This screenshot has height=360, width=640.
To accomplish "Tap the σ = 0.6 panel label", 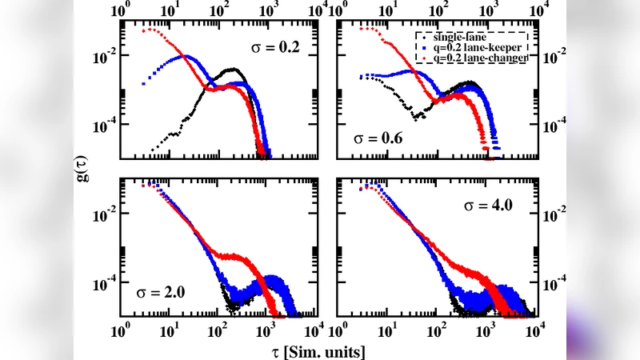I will pyautogui.click(x=378, y=138).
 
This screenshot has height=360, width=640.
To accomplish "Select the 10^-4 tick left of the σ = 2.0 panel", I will pyautogui.click(x=104, y=284).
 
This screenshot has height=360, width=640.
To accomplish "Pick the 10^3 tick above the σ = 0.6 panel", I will pyautogui.click(x=484, y=11).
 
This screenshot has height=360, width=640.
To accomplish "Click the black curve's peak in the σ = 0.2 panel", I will pyautogui.click(x=232, y=70).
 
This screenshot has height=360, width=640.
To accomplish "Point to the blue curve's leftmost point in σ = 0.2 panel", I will pyautogui.click(x=144, y=81).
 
